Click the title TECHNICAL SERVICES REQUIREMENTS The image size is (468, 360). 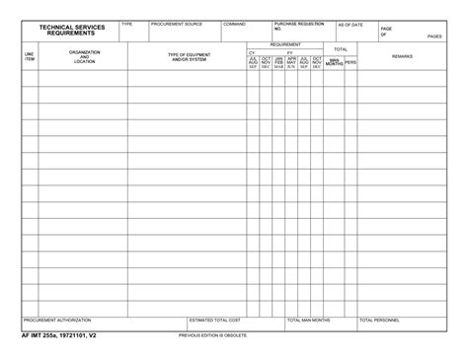[x=72, y=30]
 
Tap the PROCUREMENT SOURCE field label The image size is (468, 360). [x=177, y=24]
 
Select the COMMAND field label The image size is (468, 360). [x=235, y=24]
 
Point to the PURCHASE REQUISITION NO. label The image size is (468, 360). [x=298, y=26]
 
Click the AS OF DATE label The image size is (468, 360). [x=350, y=25]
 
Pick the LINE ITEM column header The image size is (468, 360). [x=30, y=57]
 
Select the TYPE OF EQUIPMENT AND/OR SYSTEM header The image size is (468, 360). [x=189, y=56]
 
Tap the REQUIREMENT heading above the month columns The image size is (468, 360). [x=286, y=44]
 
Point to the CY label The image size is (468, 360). [x=252, y=51]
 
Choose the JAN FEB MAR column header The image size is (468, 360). [x=278, y=62]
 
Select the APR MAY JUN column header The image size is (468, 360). [x=291, y=62]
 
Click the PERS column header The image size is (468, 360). [x=351, y=62]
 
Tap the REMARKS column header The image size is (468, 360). [x=402, y=56]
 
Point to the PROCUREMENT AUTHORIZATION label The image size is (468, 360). [x=57, y=321]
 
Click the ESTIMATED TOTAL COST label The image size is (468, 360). [x=214, y=321]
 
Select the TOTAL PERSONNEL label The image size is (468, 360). [x=379, y=321]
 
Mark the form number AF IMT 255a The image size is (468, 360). [x=58, y=335]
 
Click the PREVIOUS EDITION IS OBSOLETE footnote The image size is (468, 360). [x=213, y=335]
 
